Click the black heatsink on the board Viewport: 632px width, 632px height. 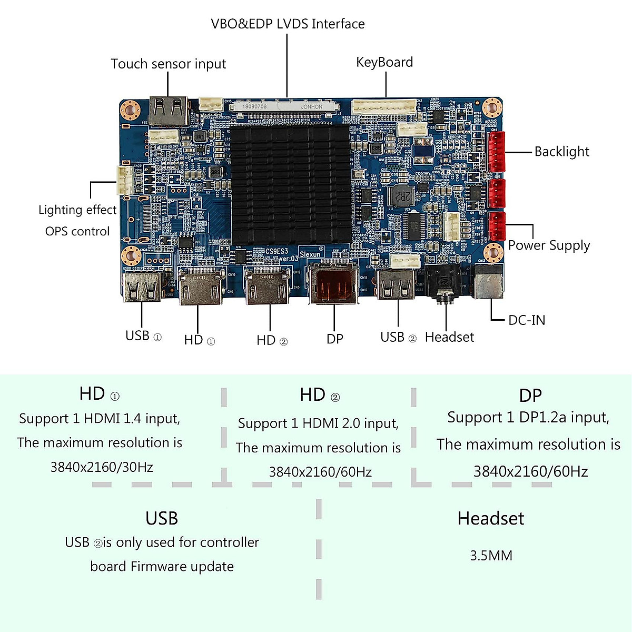pos(290,184)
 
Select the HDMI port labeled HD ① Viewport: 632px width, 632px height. pos(199,287)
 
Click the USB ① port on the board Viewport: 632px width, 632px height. pos(142,287)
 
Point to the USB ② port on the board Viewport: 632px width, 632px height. pos(397,284)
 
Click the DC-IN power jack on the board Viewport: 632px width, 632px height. pos(489,282)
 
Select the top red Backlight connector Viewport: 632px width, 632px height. pos(496,151)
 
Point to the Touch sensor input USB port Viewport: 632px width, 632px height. pos(169,110)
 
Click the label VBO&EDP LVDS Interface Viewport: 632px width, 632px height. pos(288,24)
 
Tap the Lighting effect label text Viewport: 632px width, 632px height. pos(77,210)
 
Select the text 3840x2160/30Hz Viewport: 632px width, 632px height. pos(102,467)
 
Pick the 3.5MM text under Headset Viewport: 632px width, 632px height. pos(491,556)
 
